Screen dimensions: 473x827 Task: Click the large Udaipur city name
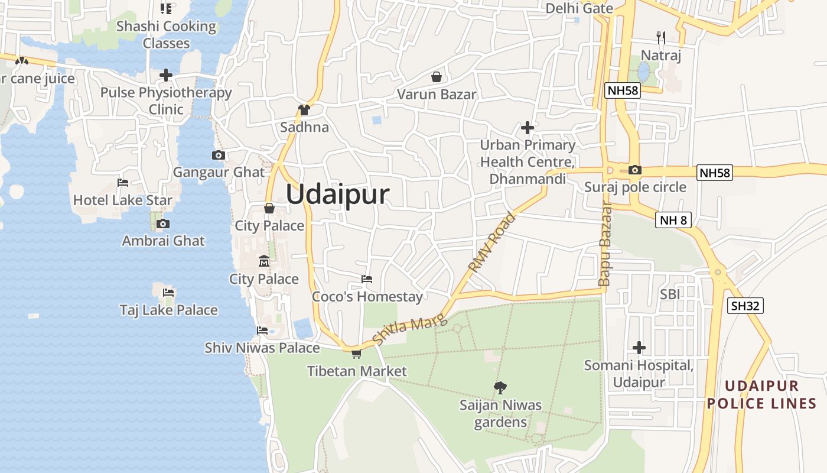(338, 195)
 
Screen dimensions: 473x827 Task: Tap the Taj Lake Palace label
(168, 310)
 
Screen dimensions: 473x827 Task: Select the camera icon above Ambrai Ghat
(163, 223)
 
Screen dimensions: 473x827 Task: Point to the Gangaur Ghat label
(219, 172)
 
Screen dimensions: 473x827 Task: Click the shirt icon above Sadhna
(304, 109)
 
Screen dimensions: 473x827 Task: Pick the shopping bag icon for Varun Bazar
(437, 77)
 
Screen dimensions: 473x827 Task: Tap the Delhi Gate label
(579, 8)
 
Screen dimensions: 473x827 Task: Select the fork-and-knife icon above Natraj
(661, 38)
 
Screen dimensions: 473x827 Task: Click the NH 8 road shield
(673, 221)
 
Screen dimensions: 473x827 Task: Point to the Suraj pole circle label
(635, 187)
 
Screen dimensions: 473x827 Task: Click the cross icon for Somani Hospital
(639, 348)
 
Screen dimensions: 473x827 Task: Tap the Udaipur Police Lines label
(761, 395)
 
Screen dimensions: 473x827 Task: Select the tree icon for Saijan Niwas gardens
(500, 388)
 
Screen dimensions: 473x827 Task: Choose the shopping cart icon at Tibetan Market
(356, 354)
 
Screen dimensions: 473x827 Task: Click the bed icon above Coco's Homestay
(367, 279)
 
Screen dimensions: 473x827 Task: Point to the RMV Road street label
(491, 242)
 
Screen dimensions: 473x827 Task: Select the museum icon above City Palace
(263, 261)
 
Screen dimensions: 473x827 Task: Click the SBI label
(670, 294)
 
